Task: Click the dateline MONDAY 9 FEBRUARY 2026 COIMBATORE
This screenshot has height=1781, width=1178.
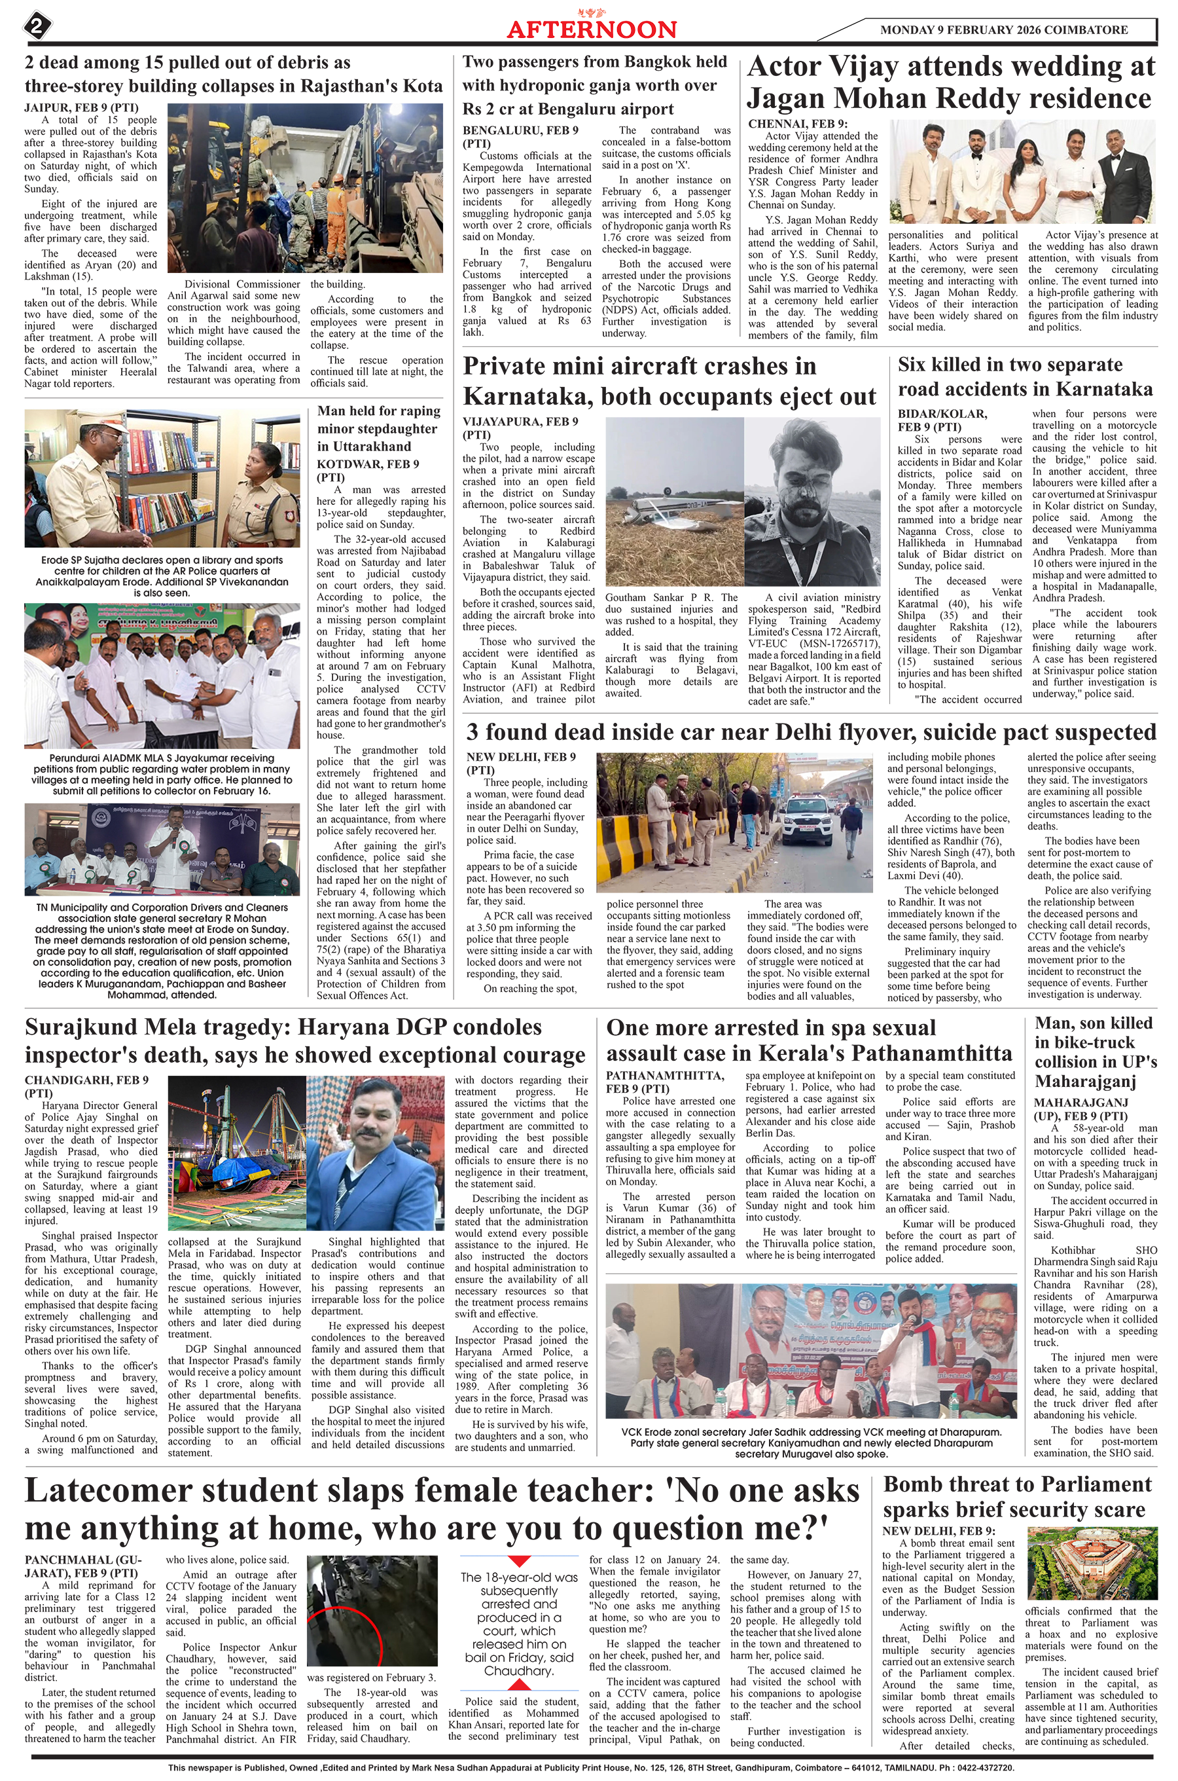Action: coord(1004,30)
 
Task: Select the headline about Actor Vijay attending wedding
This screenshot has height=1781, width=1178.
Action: coord(950,83)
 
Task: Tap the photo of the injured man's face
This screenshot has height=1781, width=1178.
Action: coord(804,481)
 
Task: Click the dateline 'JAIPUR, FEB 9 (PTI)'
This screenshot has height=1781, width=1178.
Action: coord(81,107)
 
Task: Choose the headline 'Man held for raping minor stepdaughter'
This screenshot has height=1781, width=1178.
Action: coord(380,428)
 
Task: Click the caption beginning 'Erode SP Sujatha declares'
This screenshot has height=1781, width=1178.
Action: coord(162,576)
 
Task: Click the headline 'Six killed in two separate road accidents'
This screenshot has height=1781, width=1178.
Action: coord(1025,376)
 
